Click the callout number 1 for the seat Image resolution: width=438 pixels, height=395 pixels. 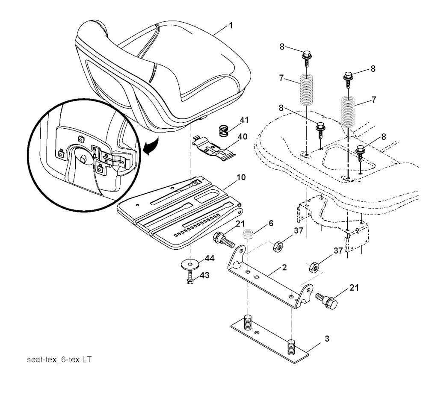coord(231,25)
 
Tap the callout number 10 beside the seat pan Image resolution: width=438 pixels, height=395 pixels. coord(241,177)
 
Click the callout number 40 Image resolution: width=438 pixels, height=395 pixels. coord(242,137)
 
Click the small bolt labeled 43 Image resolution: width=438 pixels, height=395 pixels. coord(190,280)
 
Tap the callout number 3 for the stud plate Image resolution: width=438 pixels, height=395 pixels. coord(327,339)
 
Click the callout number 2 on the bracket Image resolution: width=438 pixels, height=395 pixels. coord(284,268)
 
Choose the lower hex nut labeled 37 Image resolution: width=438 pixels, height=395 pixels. coord(314,267)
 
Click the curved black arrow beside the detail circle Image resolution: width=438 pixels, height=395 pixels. coord(151,145)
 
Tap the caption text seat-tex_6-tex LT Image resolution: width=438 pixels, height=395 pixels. coord(59,360)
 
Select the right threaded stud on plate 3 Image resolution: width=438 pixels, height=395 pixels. coord(291,346)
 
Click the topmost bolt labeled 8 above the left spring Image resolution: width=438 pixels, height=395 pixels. coord(307,58)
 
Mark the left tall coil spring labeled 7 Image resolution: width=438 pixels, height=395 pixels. coord(306,90)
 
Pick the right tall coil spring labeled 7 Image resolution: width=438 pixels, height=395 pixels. coord(348,112)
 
